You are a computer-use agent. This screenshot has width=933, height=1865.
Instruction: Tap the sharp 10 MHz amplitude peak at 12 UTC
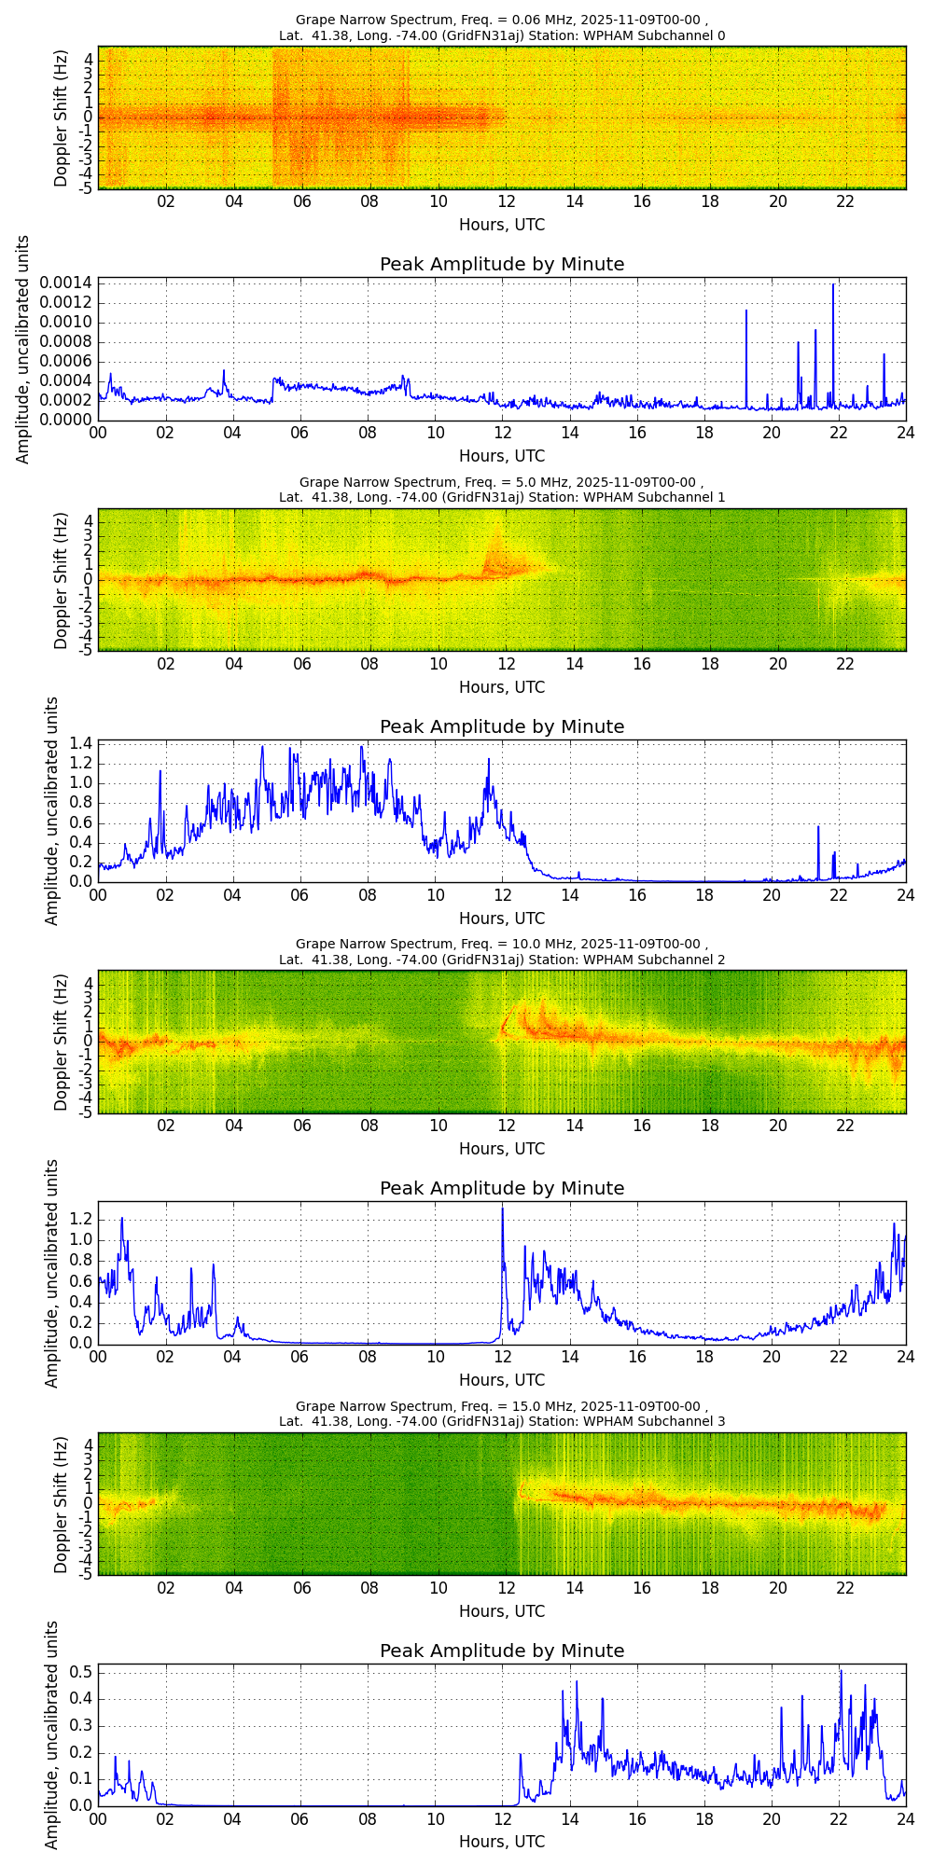[x=503, y=1209]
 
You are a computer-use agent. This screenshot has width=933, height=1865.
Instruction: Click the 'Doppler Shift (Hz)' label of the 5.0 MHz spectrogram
[x=62, y=579]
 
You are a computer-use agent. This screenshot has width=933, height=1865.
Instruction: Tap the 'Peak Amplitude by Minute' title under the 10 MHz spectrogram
[x=502, y=1188]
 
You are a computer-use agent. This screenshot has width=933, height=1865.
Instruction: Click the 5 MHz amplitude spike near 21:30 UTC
[x=818, y=827]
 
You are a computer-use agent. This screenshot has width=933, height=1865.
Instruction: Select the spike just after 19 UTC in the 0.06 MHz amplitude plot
[x=746, y=311]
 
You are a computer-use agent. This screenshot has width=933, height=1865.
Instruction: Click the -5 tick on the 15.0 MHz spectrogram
[x=85, y=1574]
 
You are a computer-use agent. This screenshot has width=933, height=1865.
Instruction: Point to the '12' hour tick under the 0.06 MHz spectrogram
[x=506, y=201]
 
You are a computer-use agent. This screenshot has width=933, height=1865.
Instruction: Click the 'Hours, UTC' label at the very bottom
[x=502, y=1842]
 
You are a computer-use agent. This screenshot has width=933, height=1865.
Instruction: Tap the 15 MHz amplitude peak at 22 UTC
[x=841, y=1670]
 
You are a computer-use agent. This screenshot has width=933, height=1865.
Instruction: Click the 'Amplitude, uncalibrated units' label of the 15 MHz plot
[x=51, y=1734]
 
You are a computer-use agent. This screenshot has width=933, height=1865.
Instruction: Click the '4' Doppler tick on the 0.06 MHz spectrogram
[x=87, y=60]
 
